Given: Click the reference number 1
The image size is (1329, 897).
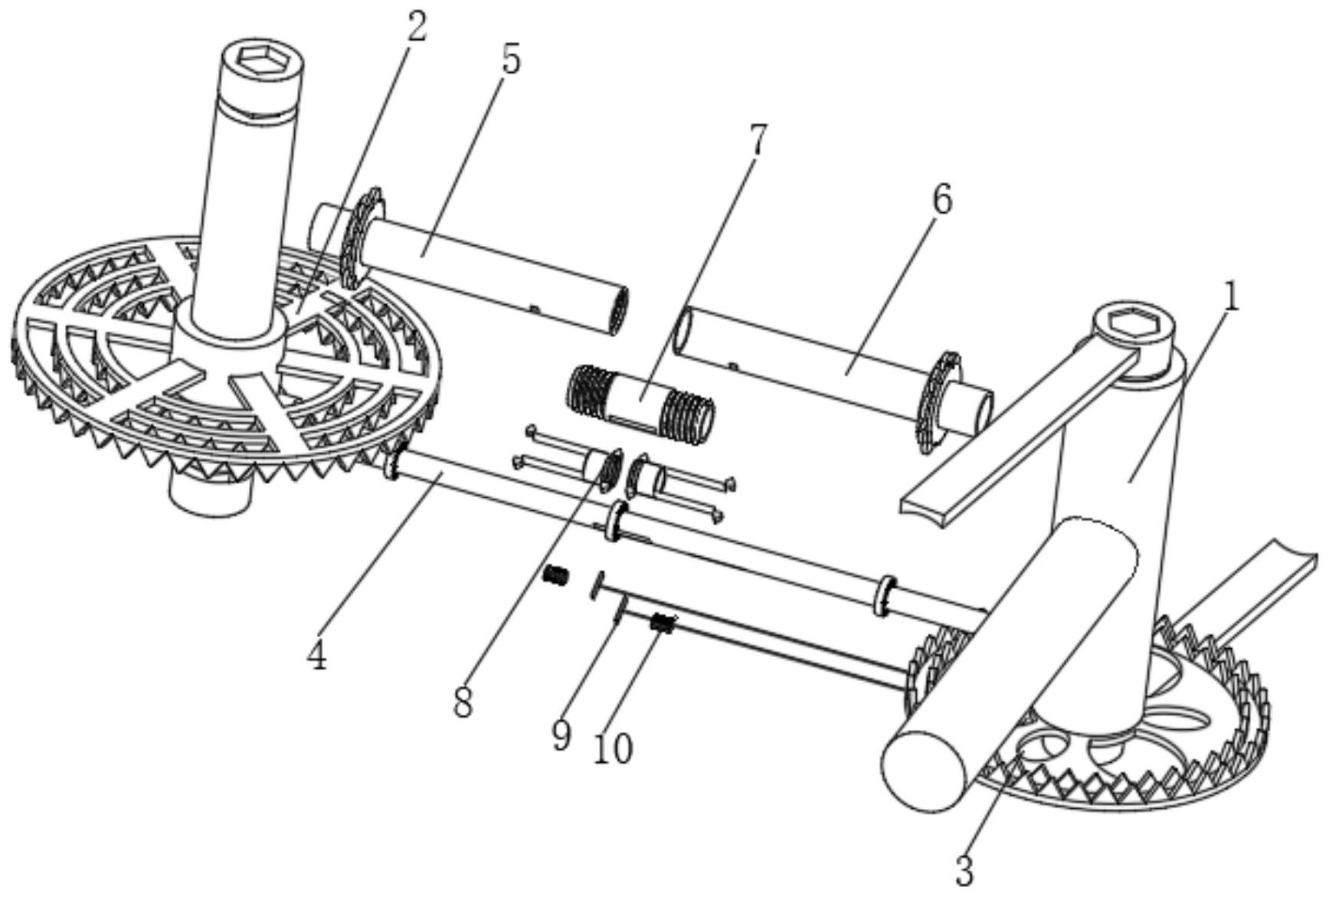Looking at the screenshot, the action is tap(1229, 297).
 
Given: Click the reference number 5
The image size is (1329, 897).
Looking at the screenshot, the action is tap(510, 60).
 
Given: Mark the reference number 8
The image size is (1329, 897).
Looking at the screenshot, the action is tap(462, 701).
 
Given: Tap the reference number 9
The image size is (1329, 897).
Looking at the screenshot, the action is tap(561, 735).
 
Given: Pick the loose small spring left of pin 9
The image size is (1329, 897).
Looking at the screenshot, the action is tap(556, 575).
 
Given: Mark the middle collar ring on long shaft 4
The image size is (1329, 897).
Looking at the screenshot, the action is tap(616, 522).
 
